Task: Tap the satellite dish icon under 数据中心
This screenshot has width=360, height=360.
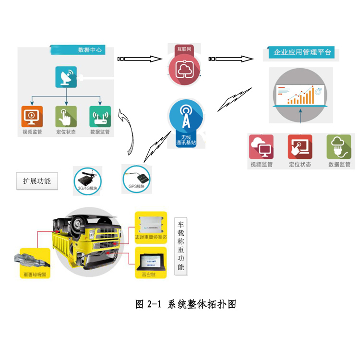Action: tap(66, 77)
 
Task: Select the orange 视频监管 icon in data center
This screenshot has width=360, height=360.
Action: tap(32, 116)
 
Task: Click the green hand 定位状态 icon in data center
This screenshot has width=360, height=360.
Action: tap(66, 116)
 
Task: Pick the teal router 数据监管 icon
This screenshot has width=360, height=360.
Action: tap(100, 116)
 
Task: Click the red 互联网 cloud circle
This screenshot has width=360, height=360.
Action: tap(185, 70)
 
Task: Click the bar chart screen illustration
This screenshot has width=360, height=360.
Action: tap(300, 93)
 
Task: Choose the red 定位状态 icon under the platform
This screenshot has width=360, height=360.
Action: tap(300, 146)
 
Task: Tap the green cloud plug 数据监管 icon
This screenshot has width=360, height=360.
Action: tap(339, 146)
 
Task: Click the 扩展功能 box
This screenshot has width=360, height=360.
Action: tap(37, 181)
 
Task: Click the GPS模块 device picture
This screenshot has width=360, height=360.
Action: tap(136, 178)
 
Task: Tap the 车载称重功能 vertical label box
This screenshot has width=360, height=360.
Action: tap(180, 245)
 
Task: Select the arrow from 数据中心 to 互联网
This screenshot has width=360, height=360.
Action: tap(140, 59)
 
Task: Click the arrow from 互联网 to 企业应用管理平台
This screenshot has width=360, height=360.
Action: tap(231, 59)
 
